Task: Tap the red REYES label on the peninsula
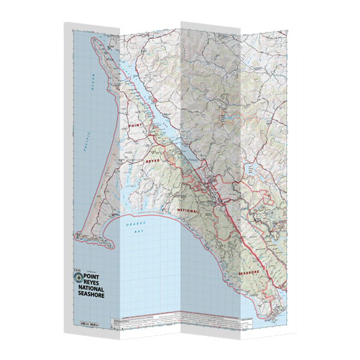(x=152, y=162)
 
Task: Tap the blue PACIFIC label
(x=87, y=143)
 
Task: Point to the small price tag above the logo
(x=75, y=271)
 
